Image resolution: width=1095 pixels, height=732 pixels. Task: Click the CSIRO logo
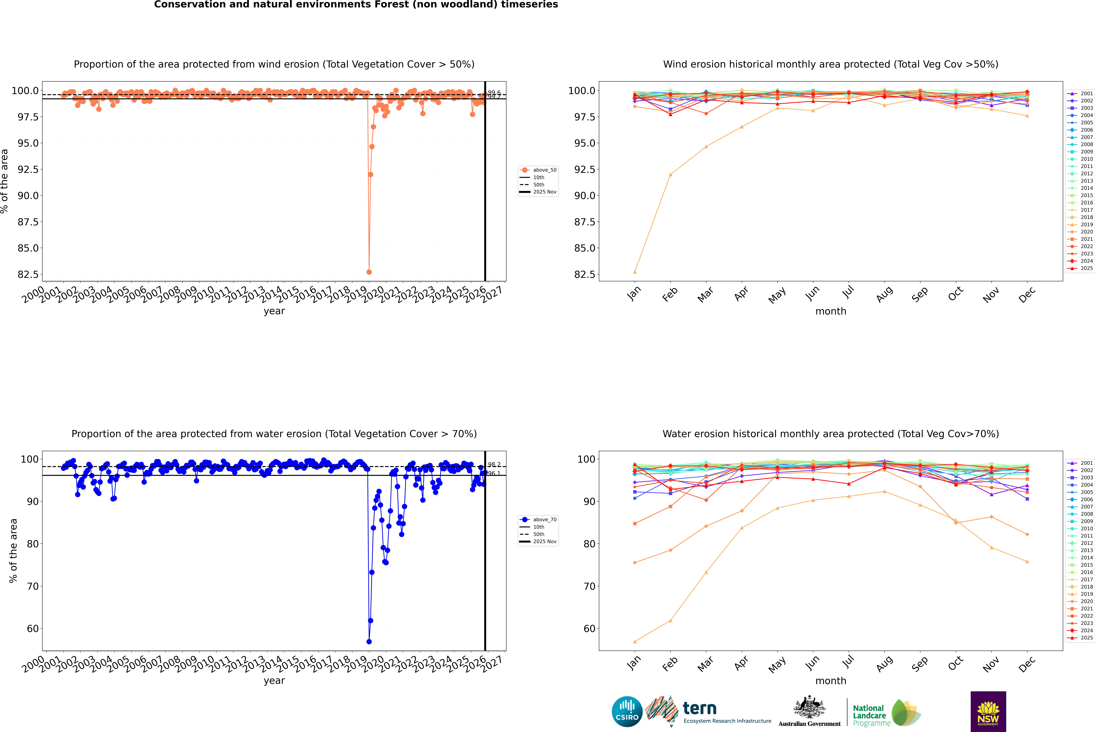627,711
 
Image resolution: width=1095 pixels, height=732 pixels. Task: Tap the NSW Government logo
988,711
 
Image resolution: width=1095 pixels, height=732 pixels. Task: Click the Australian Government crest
809,710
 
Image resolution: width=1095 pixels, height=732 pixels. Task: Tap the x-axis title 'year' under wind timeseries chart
274,311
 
